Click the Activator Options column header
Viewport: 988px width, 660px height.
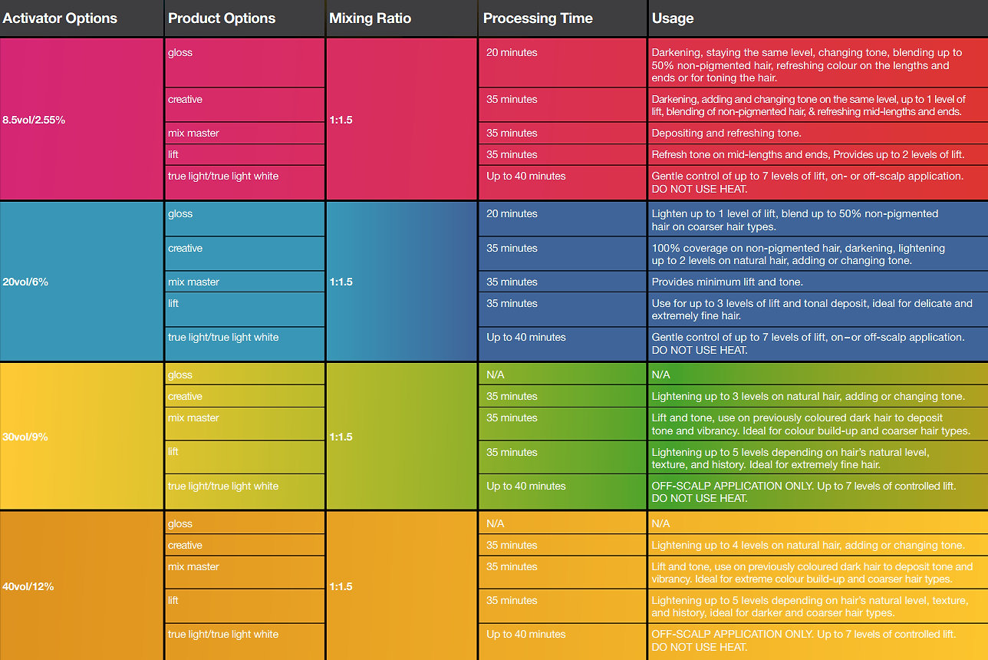(x=60, y=18)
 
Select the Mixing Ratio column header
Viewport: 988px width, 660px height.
(x=370, y=18)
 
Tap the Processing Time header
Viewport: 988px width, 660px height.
(x=538, y=18)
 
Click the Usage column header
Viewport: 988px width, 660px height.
(x=673, y=18)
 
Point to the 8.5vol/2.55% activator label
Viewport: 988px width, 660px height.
(x=34, y=120)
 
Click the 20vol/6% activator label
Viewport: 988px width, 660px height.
(x=25, y=282)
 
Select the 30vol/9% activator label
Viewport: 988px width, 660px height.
(x=25, y=437)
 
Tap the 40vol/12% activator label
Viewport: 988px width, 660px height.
(x=28, y=586)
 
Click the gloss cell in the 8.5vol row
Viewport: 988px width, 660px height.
(x=180, y=53)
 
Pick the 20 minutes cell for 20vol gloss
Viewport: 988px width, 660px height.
(x=512, y=214)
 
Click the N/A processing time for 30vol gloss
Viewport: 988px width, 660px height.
(x=496, y=375)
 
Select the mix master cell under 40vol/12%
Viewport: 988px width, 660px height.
(x=193, y=567)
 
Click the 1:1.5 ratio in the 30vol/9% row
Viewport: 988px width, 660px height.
(x=341, y=437)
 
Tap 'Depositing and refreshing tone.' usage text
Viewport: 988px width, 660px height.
(x=726, y=134)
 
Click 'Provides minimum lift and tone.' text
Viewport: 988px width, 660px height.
(x=727, y=282)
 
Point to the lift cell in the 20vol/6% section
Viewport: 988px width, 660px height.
(x=173, y=304)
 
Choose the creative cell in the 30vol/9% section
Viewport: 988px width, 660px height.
(x=185, y=397)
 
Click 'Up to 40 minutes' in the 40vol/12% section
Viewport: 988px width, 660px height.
(x=526, y=635)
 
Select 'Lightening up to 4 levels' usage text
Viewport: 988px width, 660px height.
(x=807, y=546)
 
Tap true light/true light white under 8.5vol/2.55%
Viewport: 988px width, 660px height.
(x=223, y=177)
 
